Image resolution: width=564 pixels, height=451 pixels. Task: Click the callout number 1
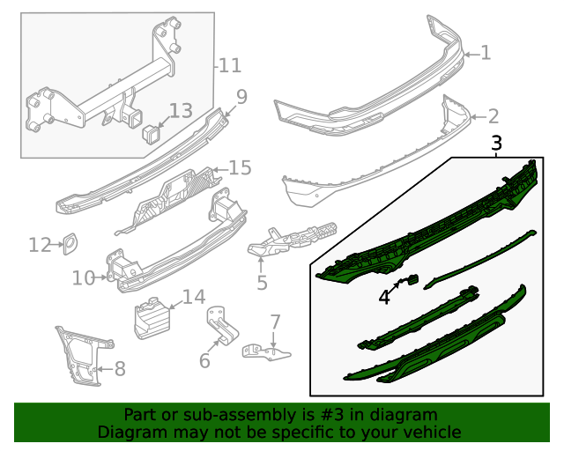coord(485,54)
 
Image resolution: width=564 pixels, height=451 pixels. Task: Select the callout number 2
coord(493,115)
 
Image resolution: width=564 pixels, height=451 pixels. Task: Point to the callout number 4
coord(384,298)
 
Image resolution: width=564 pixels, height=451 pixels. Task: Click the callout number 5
coord(262,283)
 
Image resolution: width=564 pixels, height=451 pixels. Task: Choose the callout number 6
coord(204,360)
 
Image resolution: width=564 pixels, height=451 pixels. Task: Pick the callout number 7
coord(275,322)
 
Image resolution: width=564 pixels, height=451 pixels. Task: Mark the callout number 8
coord(120,369)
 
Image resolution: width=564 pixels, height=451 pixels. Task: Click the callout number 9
coord(241,96)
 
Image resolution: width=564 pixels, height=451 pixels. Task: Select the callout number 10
coord(83,278)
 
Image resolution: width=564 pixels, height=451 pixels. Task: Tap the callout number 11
coord(229,65)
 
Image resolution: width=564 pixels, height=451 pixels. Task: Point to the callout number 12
coord(40,245)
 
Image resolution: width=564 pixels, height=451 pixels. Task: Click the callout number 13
coord(180,111)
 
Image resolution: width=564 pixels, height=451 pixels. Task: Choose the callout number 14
coord(193,297)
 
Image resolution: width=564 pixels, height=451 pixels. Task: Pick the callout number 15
coord(240,168)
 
